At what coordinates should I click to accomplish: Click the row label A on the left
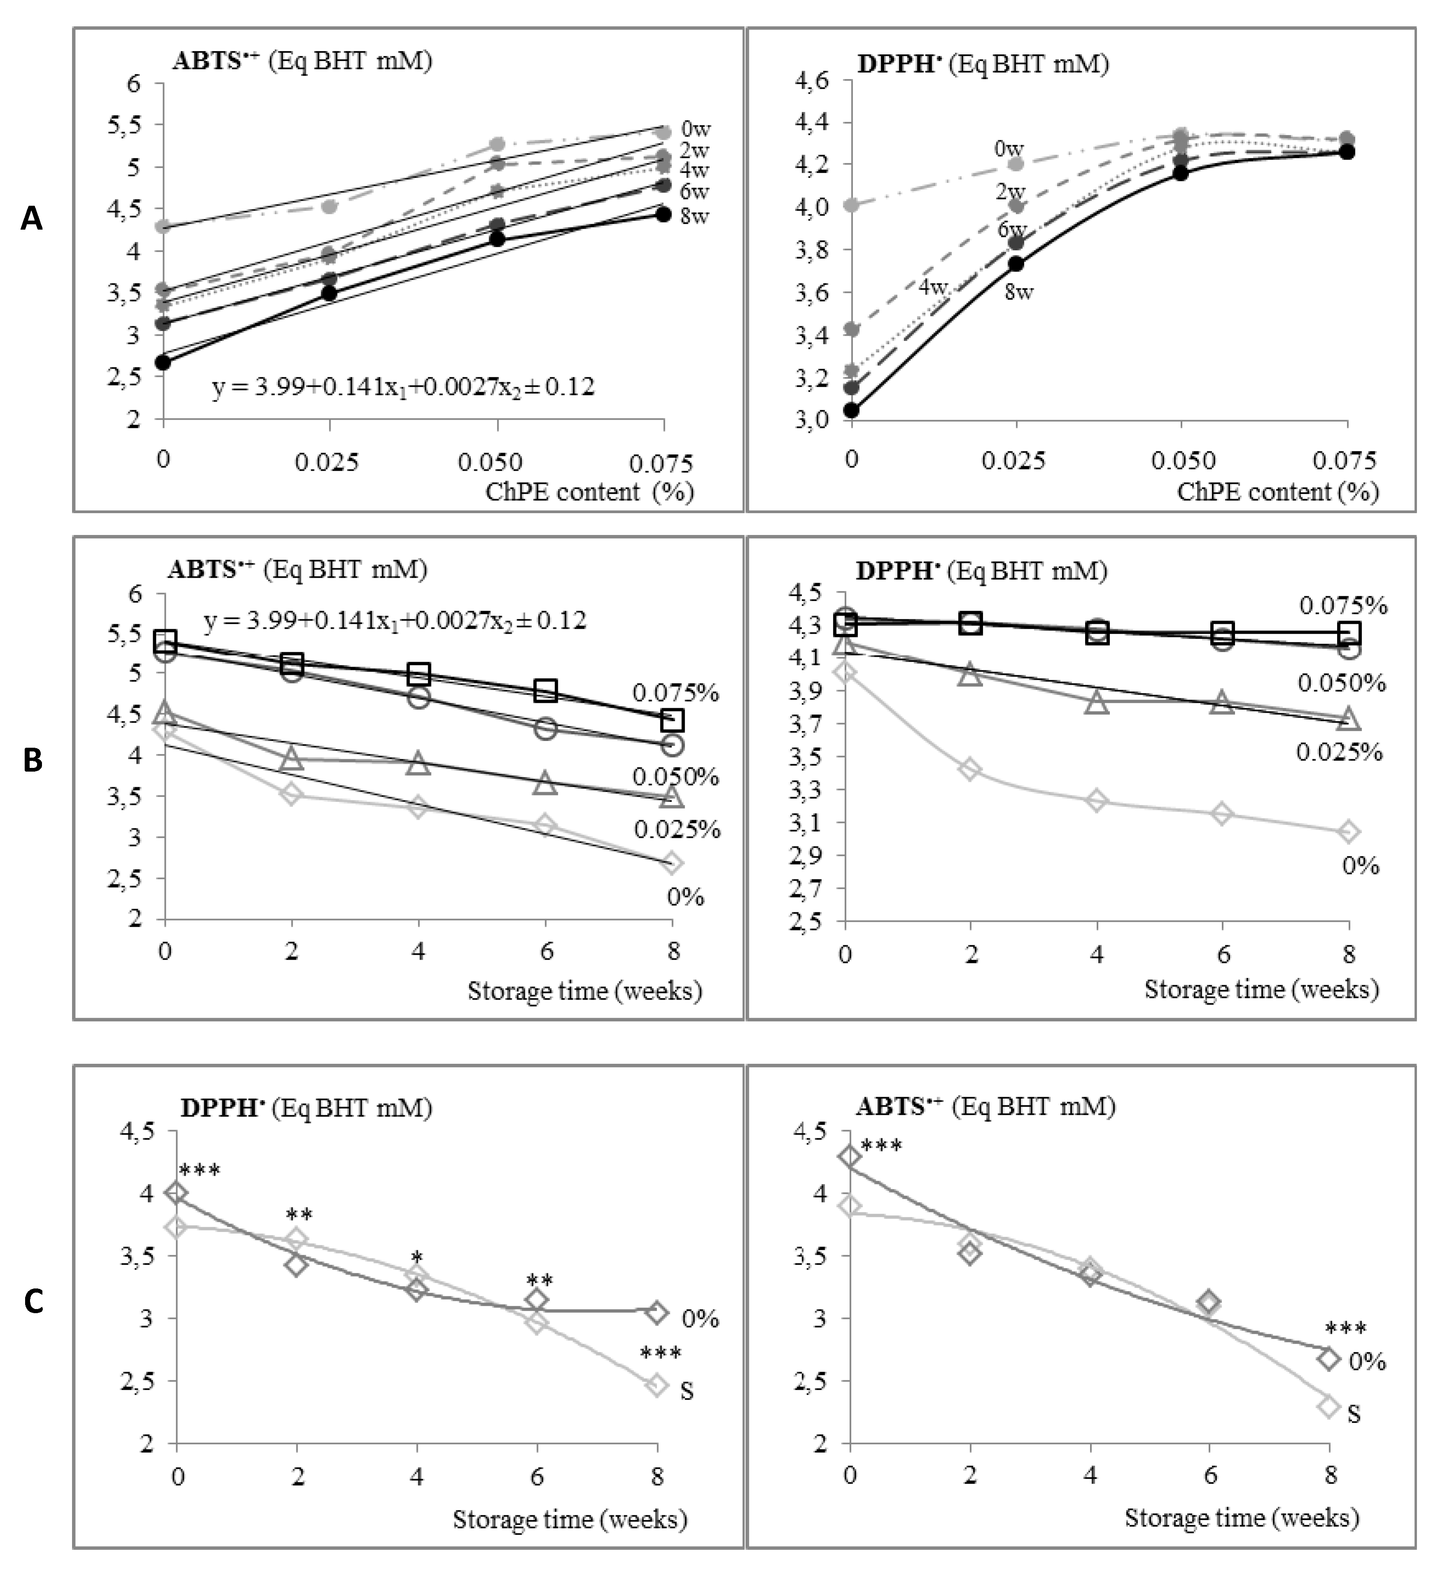[x=31, y=219]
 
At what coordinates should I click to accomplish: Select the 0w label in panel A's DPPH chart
[x=1008, y=148]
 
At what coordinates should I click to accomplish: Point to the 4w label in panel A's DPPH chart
[x=932, y=288]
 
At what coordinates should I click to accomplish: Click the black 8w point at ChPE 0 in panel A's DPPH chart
[x=852, y=409]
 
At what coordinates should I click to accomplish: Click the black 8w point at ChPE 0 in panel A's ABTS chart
[x=163, y=362]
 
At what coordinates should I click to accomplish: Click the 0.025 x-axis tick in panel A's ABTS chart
[x=327, y=462]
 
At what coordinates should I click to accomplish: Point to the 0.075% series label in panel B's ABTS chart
[x=675, y=692]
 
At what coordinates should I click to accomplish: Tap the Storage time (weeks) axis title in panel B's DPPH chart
[x=1261, y=989]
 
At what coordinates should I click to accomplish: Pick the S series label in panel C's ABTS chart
[x=1354, y=1414]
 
